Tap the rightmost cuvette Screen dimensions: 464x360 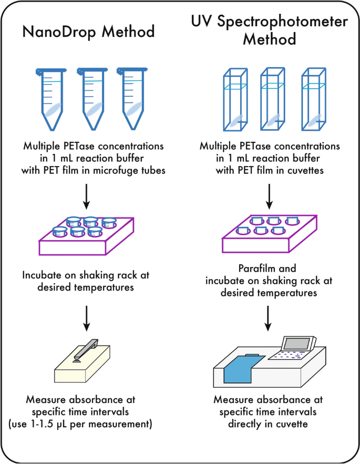(314, 99)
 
